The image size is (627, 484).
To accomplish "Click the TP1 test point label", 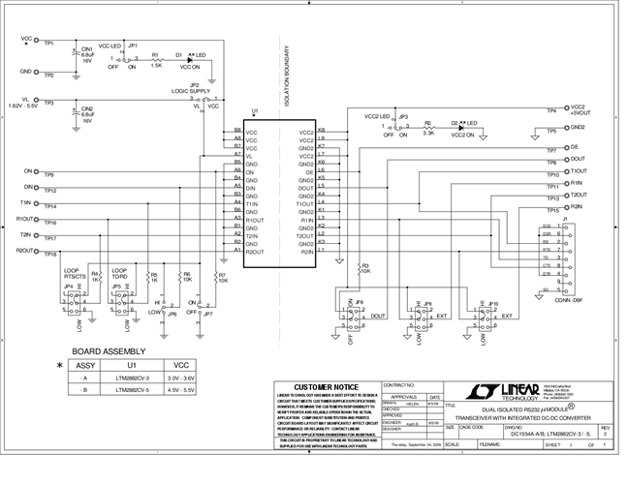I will coord(48,45).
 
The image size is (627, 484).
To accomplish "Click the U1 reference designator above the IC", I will coord(255,112).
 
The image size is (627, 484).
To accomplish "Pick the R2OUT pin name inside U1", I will coord(257,252).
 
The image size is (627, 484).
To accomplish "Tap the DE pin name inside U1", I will coord(308,171).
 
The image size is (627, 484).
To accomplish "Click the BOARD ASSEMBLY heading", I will coord(109,350).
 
